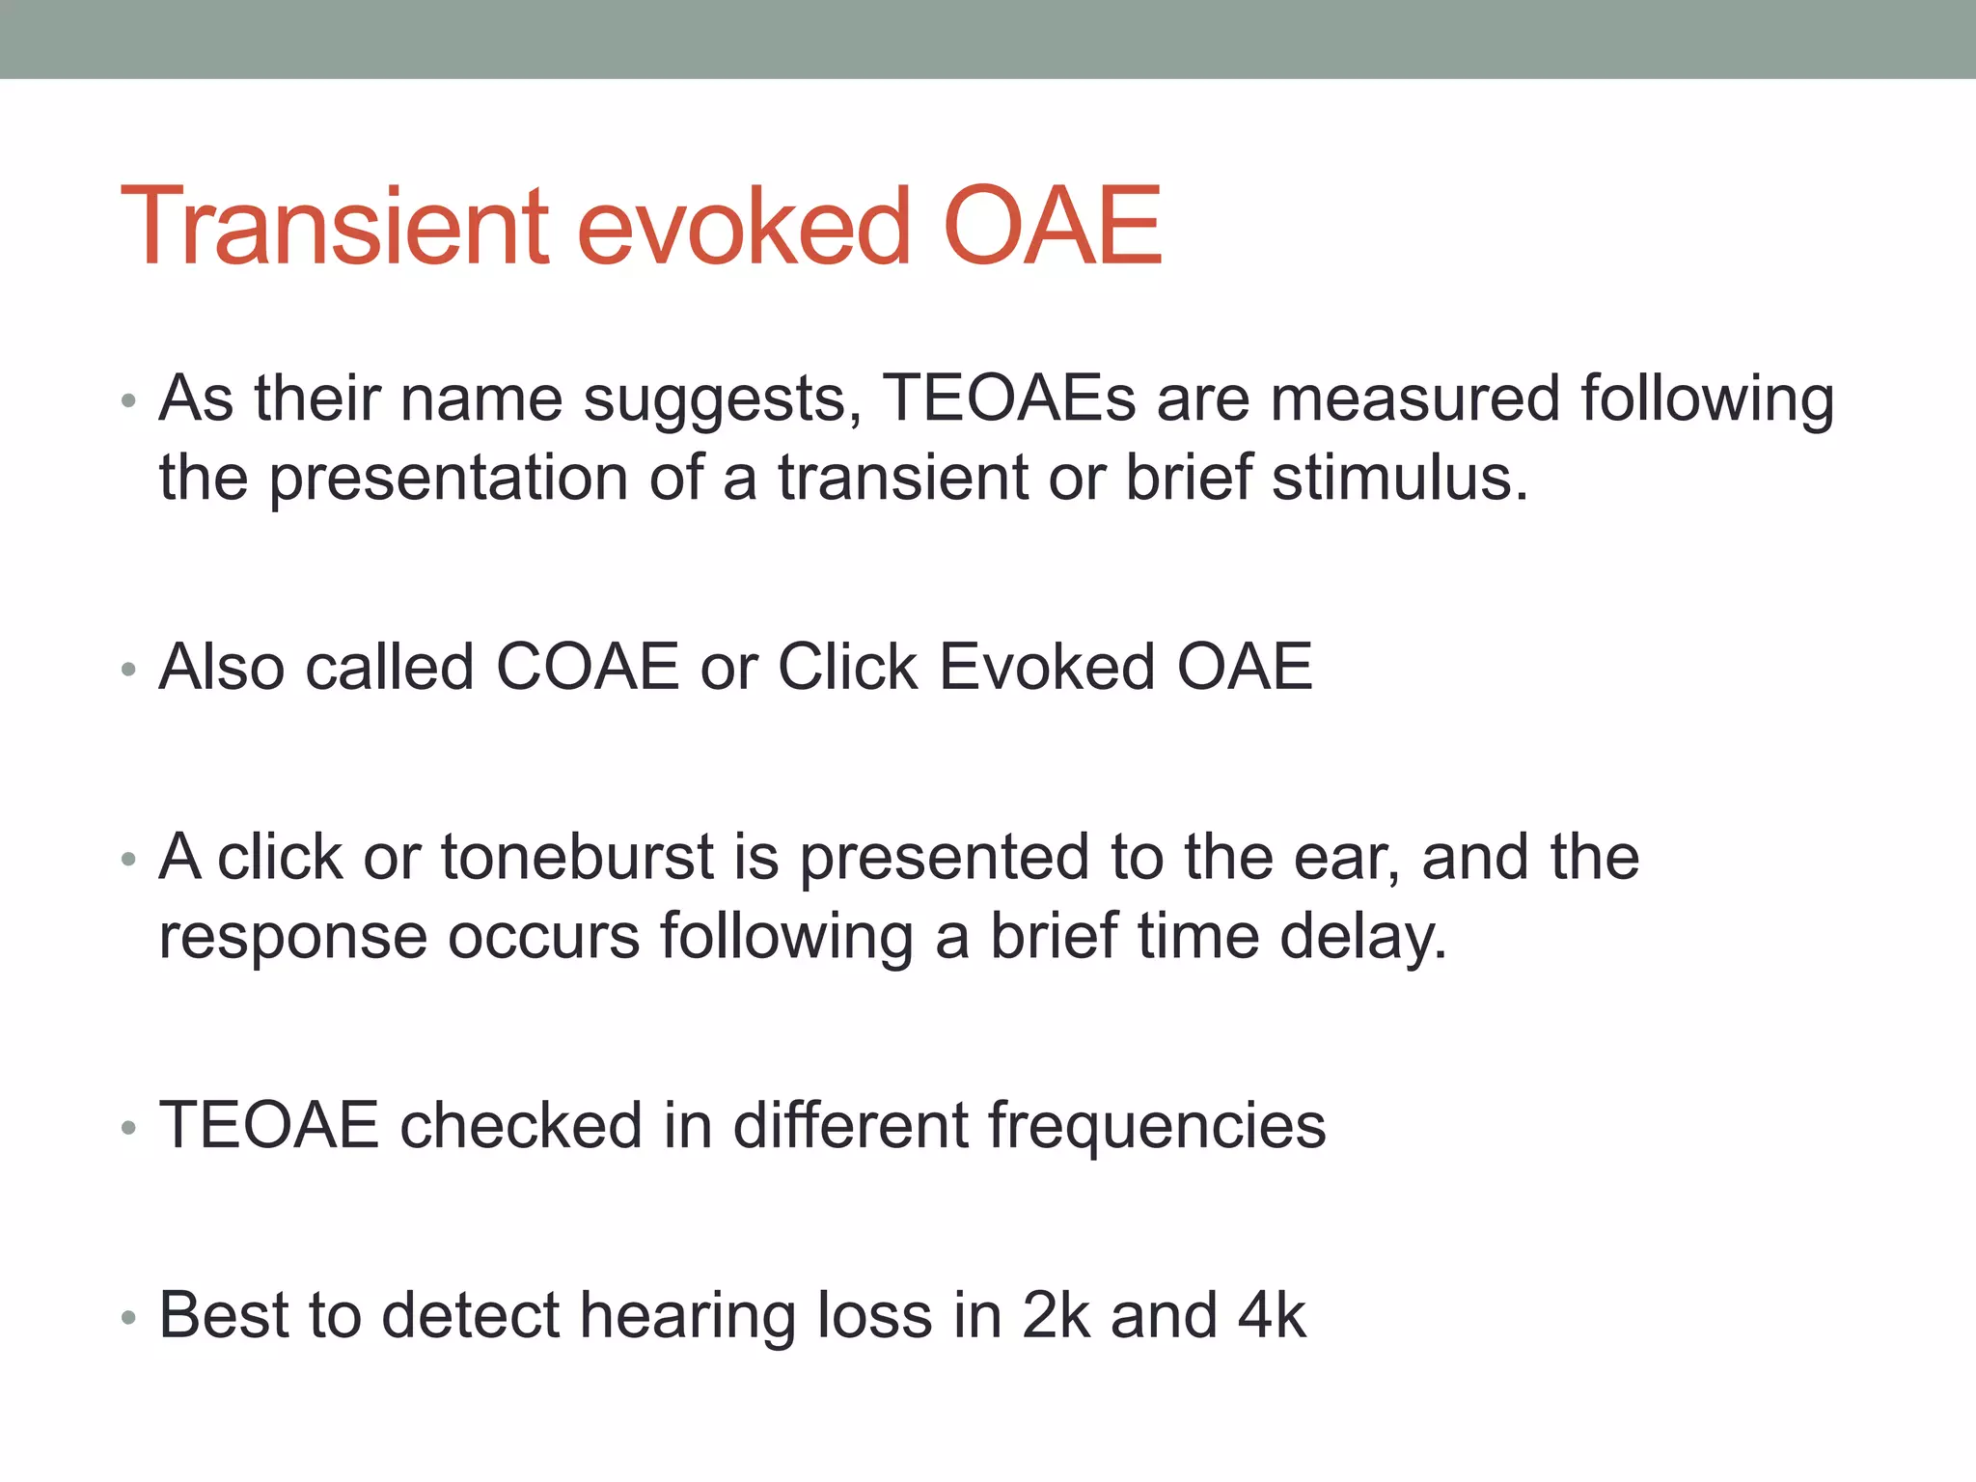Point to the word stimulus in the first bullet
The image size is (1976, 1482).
(1399, 478)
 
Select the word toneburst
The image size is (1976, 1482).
(576, 857)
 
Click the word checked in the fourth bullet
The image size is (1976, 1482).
(521, 1125)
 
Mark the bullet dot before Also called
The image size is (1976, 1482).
(128, 670)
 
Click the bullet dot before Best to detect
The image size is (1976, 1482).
(128, 1318)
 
